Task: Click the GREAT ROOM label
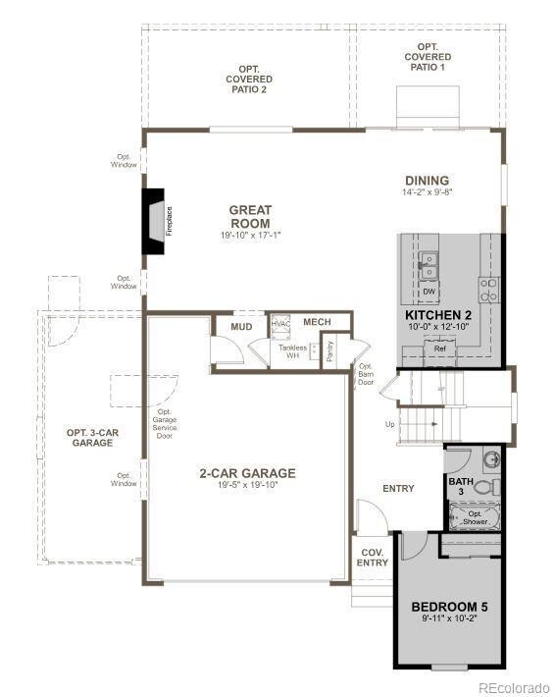pyautogui.click(x=250, y=216)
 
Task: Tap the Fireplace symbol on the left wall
pyautogui.click(x=156, y=222)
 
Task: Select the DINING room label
pyautogui.click(x=427, y=181)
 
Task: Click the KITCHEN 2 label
pyautogui.click(x=439, y=315)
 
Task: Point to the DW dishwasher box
pyautogui.click(x=429, y=292)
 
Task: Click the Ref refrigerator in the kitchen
pyautogui.click(x=439, y=348)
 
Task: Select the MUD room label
pyautogui.click(x=241, y=327)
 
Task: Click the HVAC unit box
pyautogui.click(x=281, y=324)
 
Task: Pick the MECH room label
pyautogui.click(x=317, y=322)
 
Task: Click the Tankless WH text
pyautogui.click(x=291, y=351)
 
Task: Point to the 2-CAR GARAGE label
pyautogui.click(x=247, y=473)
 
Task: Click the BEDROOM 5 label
pyautogui.click(x=449, y=606)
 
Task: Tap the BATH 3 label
pyautogui.click(x=461, y=487)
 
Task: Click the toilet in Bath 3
pyautogui.click(x=492, y=486)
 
